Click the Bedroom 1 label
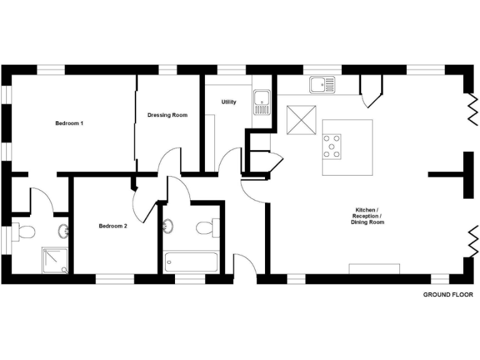tap(69, 123)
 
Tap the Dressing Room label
tap(167, 115)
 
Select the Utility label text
tap(229, 102)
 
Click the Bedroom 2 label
tap(113, 226)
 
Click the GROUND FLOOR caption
tap(447, 294)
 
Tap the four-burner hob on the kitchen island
tap(332, 146)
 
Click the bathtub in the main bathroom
tap(191, 261)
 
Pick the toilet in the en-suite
tap(24, 232)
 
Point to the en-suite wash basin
tap(64, 231)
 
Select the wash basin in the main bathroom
tap(167, 226)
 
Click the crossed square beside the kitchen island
tap(301, 120)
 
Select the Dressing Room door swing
tap(170, 159)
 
